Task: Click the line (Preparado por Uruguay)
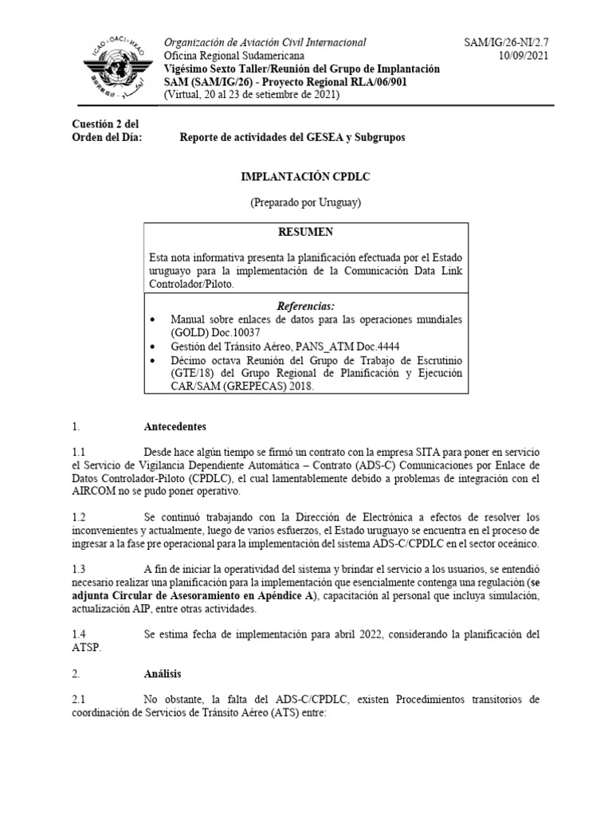306,202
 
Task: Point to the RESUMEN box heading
306,232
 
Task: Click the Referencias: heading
306,306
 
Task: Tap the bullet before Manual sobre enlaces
154,320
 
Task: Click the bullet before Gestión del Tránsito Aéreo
154,347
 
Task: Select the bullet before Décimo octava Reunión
154,360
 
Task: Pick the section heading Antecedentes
175,426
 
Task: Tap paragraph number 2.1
78,700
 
